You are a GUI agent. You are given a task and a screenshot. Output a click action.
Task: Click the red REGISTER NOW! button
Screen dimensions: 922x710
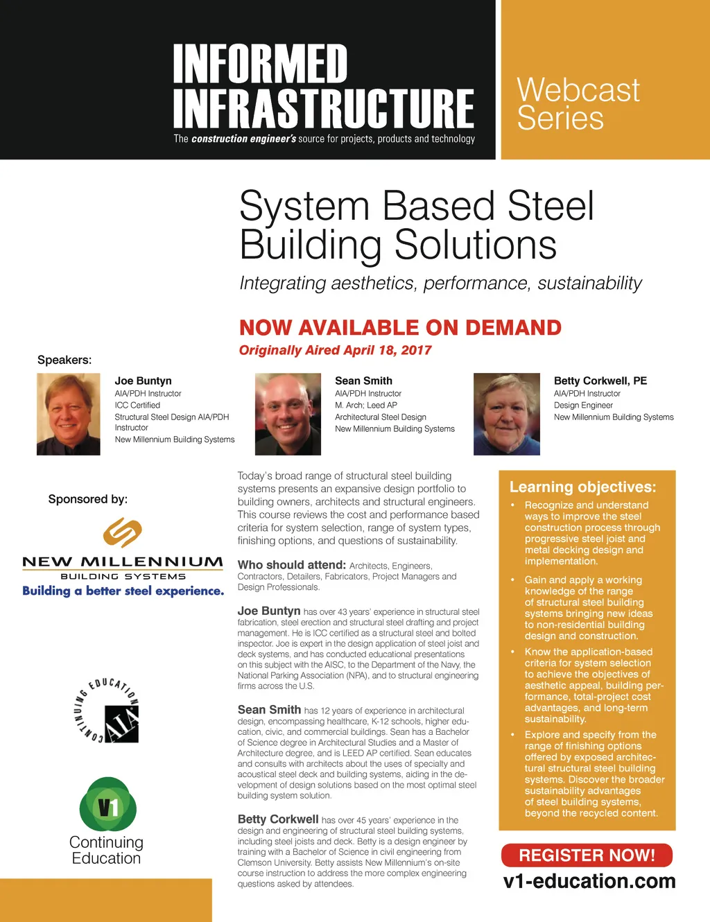[x=587, y=855]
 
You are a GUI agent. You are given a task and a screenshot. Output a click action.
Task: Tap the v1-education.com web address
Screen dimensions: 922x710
[x=589, y=881]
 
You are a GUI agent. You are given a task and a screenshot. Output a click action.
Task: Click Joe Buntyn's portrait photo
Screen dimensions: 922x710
[x=69, y=414]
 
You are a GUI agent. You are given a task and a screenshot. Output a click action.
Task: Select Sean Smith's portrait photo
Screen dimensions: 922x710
[x=288, y=414]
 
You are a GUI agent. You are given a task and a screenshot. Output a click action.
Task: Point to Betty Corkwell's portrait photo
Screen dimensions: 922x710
[x=506, y=414]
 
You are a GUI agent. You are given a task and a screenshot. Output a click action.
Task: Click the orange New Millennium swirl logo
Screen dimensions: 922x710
[x=123, y=532]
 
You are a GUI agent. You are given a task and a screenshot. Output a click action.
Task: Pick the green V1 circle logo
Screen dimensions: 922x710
[x=108, y=804]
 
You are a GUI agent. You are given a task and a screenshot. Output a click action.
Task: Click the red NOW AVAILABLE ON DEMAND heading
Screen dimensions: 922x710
[x=400, y=327]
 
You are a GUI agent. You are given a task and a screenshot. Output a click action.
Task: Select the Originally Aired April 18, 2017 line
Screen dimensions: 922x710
[x=335, y=350]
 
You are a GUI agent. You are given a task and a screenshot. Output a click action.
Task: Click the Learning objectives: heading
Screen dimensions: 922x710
[x=582, y=487]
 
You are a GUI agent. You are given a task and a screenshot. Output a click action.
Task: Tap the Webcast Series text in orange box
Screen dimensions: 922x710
[x=578, y=104]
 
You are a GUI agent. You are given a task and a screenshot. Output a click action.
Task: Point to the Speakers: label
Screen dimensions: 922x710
[x=64, y=360]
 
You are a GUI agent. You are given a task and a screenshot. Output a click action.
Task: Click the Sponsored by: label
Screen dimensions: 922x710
[x=88, y=499]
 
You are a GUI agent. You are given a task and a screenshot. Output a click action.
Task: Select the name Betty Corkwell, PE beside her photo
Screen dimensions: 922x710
[x=600, y=381]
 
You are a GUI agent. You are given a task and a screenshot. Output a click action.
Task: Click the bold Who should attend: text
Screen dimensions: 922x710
[x=291, y=565]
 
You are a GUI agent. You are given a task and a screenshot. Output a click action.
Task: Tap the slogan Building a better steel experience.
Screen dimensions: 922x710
[x=123, y=591]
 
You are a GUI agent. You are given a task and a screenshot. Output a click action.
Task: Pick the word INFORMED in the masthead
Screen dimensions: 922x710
[x=260, y=64]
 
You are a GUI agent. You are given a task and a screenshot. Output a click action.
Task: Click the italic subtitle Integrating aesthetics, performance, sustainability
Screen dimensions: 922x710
[x=440, y=283]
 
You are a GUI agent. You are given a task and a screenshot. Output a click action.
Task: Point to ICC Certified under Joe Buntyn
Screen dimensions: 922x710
[x=137, y=405]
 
